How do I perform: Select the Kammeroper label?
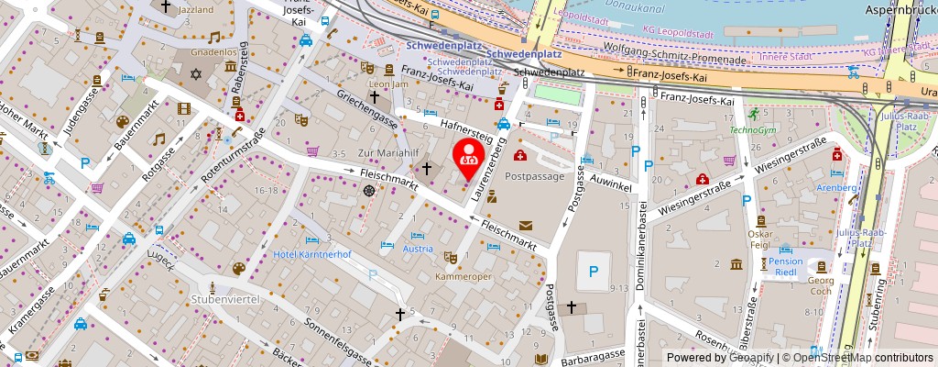pos(458,275)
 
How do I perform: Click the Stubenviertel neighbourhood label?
pos(225,299)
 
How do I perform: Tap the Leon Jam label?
pos(387,83)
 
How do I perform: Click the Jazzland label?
pos(197,9)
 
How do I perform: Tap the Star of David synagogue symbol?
pos(195,72)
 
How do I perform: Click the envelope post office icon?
pos(526,225)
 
